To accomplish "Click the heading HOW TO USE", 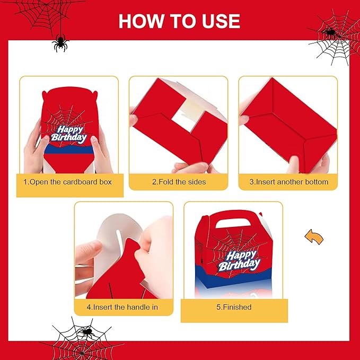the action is pos(179,21).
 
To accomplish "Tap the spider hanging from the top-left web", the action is pos(60,43).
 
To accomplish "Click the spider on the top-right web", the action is pos(329,32).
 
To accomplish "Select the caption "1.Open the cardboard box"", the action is pos(67,182).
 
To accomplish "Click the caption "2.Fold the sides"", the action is pos(179,182).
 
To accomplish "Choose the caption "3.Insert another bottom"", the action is pos(289,182).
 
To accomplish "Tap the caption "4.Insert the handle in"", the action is pos(122,307).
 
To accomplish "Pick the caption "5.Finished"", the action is pos(234,307).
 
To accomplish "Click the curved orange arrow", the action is pos(314,237).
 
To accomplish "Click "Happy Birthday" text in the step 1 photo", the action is pos(69,134).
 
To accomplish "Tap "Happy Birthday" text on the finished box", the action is pos(239,261).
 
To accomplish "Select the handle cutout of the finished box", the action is pos(233,223).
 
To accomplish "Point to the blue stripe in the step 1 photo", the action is pos(69,149).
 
